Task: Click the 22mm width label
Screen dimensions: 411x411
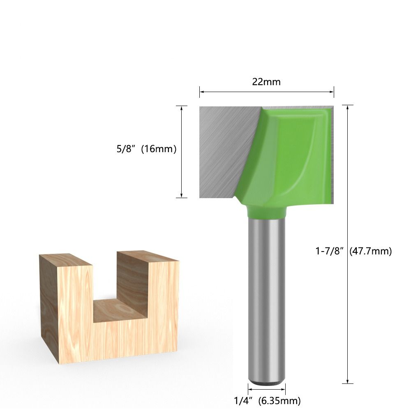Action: (266, 82)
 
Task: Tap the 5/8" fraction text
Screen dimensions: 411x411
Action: (126, 149)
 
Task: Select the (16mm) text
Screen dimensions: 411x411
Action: (159, 149)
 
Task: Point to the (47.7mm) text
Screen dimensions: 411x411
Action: (370, 251)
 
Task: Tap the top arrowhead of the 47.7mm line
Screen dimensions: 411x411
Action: (348, 107)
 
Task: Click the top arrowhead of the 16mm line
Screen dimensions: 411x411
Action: (182, 108)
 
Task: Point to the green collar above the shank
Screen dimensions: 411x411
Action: (266, 212)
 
